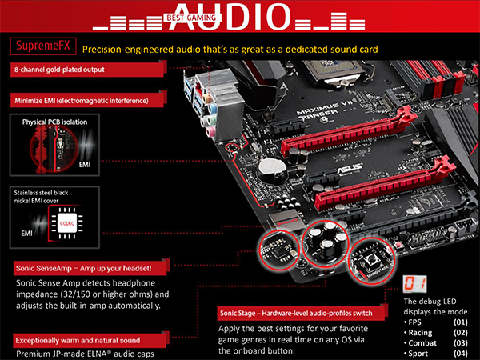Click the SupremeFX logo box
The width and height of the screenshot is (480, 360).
click(x=43, y=46)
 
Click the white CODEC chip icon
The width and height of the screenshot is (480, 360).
click(x=67, y=223)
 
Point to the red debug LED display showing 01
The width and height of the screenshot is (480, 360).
click(x=414, y=284)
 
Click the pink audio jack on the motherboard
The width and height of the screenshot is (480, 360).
click(x=210, y=132)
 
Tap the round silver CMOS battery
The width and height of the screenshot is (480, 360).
click(x=272, y=168)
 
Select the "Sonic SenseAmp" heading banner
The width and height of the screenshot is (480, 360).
click(x=91, y=268)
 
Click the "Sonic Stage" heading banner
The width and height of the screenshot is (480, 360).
click(x=302, y=313)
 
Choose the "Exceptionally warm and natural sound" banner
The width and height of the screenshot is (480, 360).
click(x=91, y=340)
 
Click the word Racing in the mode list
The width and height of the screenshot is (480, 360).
click(x=420, y=333)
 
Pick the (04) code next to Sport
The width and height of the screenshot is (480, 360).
click(x=461, y=354)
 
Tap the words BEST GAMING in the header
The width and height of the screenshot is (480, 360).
click(x=191, y=18)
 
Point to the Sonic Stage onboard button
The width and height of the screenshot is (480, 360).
click(x=371, y=261)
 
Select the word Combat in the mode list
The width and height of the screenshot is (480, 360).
click(x=422, y=343)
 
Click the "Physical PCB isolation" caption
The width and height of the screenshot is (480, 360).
click(x=54, y=122)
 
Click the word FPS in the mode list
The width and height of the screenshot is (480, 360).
click(x=414, y=322)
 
